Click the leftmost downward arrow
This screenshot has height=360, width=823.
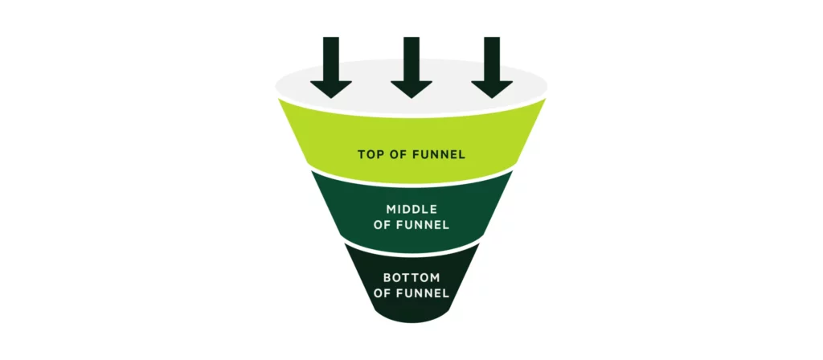click(330, 67)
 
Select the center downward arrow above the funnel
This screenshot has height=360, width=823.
click(411, 67)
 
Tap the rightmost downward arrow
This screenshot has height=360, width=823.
click(492, 67)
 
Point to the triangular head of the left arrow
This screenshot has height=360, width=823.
click(330, 88)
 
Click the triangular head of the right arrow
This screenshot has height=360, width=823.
click(492, 88)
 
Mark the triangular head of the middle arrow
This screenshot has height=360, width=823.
click(411, 88)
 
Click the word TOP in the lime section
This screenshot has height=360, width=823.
click(369, 154)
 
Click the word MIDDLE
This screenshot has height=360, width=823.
click(411, 210)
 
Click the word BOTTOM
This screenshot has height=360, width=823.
click(411, 277)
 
